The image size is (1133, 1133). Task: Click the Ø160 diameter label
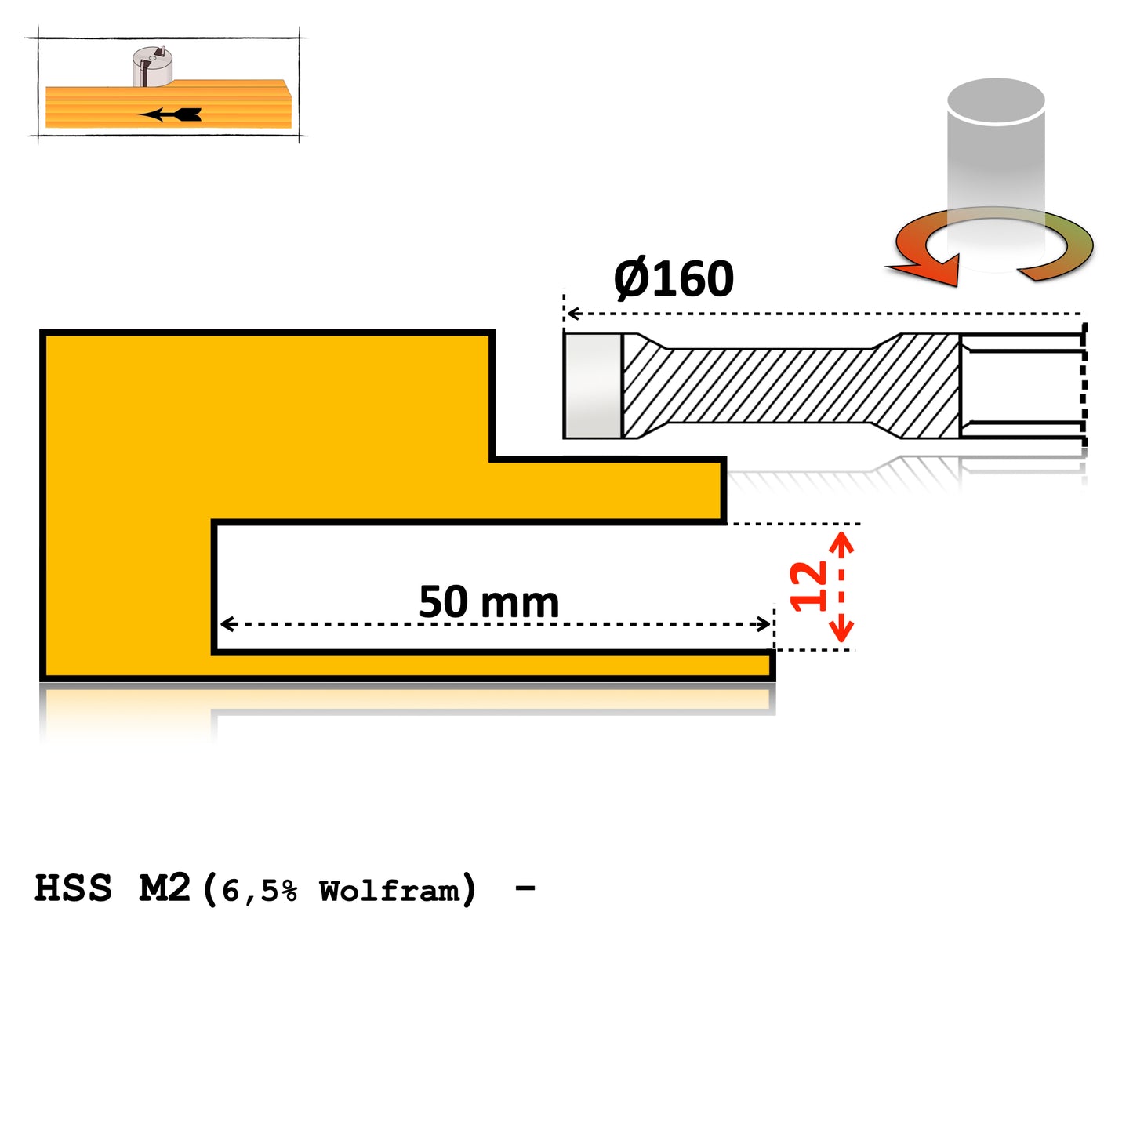tap(674, 279)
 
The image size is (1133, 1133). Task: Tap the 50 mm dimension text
tap(488, 602)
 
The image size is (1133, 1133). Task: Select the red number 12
tap(808, 586)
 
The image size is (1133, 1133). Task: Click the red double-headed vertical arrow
tap(841, 587)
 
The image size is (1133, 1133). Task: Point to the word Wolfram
tap(389, 891)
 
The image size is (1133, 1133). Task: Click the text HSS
tap(73, 888)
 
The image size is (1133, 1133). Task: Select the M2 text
tap(165, 888)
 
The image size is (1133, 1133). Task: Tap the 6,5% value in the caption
tap(260, 892)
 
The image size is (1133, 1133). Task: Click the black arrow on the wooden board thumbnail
tap(172, 114)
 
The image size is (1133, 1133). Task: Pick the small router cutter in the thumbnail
tap(152, 67)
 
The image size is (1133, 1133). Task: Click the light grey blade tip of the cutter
tap(593, 386)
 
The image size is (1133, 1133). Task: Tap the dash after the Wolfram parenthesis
tap(525, 888)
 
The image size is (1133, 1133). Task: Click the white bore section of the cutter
tap(1021, 386)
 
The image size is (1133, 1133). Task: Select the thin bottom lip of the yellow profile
tap(494, 666)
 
